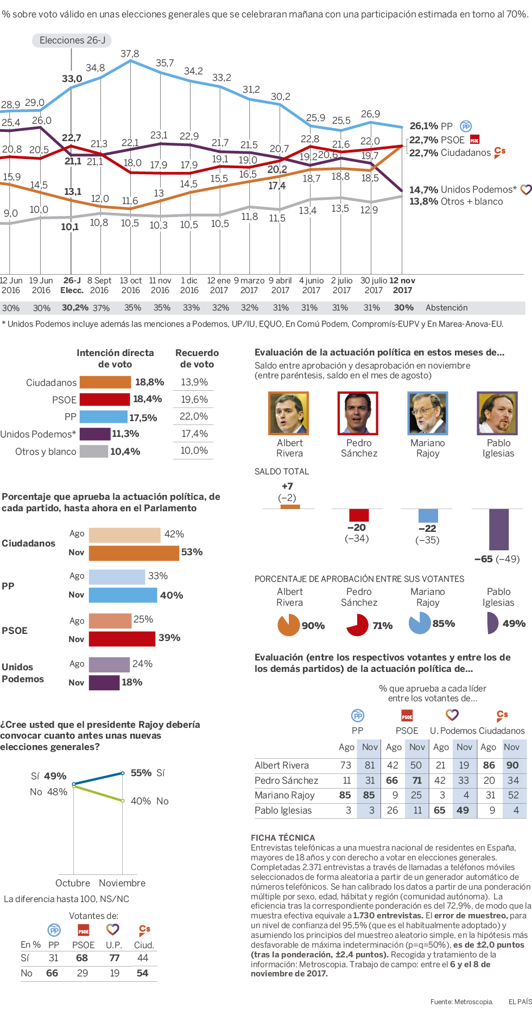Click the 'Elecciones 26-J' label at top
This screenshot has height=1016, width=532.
pyautogui.click(x=72, y=40)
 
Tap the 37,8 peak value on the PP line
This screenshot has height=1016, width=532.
pyautogui.click(x=130, y=54)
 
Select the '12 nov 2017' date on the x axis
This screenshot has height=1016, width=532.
pyautogui.click(x=402, y=285)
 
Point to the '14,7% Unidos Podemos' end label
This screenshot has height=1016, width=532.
pyautogui.click(x=463, y=189)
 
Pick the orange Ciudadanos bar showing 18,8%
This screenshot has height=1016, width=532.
pyautogui.click(x=105, y=382)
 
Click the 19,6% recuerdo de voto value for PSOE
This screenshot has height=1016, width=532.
pyautogui.click(x=194, y=399)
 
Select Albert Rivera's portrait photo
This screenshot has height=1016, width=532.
pyautogui.click(x=289, y=413)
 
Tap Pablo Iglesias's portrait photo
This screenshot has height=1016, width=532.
pyautogui.click(x=498, y=413)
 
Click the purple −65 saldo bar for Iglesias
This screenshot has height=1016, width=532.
pyautogui.click(x=499, y=529)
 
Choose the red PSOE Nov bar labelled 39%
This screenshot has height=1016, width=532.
pyautogui.click(x=122, y=638)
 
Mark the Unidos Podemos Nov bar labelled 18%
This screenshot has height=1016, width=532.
pyautogui.click(x=104, y=682)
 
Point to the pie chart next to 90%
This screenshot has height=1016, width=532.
pyautogui.click(x=288, y=625)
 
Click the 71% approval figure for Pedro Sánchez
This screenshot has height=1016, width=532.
pyautogui.click(x=382, y=626)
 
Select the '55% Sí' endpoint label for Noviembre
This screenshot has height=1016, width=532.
pyautogui.click(x=147, y=773)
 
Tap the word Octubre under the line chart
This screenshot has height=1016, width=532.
pyautogui.click(x=73, y=883)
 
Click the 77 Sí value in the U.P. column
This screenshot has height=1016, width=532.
pyautogui.click(x=114, y=958)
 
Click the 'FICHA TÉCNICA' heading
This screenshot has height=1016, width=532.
pyautogui.click(x=282, y=837)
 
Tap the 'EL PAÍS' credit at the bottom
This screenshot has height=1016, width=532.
pyautogui.click(x=520, y=1001)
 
